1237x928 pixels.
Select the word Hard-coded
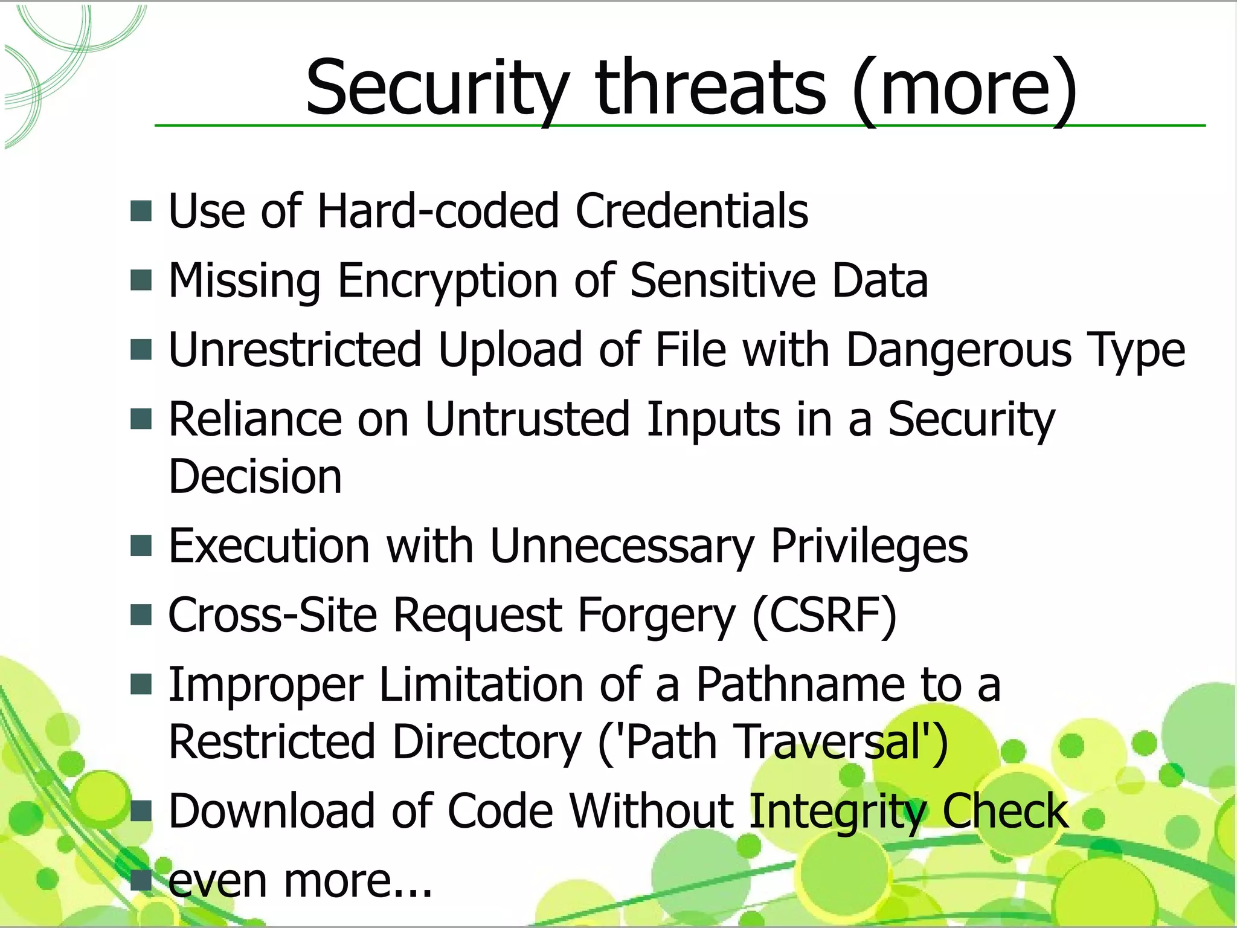tap(438, 211)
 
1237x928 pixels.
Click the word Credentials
tap(692, 211)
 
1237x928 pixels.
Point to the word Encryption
tap(448, 280)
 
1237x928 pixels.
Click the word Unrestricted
tap(295, 350)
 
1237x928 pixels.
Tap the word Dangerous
tap(959, 350)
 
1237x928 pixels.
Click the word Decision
tap(255, 477)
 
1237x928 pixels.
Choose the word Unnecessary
tap(622, 546)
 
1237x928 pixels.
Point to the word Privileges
tap(869, 546)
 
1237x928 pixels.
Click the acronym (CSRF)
tap(824, 616)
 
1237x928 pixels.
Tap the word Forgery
tap(657, 616)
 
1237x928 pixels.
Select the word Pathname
tap(800, 685)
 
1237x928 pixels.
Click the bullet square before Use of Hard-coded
tap(141, 211)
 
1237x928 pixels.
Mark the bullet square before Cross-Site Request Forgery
tap(141, 616)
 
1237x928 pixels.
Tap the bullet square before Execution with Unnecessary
tap(141, 546)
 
